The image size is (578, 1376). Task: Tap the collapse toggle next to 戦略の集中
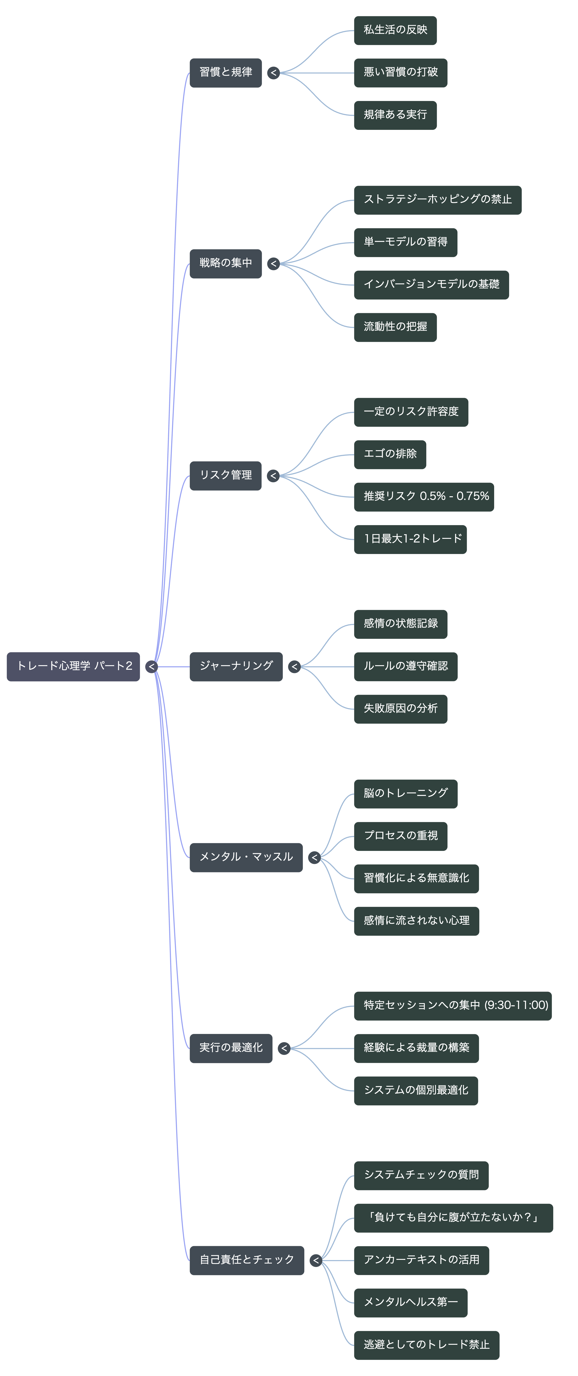point(273,263)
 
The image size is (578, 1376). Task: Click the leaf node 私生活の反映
point(395,30)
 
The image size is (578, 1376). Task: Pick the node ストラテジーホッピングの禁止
point(437,200)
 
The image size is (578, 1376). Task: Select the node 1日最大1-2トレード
point(410,539)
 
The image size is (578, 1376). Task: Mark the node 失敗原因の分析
point(401,709)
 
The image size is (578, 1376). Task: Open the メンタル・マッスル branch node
point(246,857)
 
